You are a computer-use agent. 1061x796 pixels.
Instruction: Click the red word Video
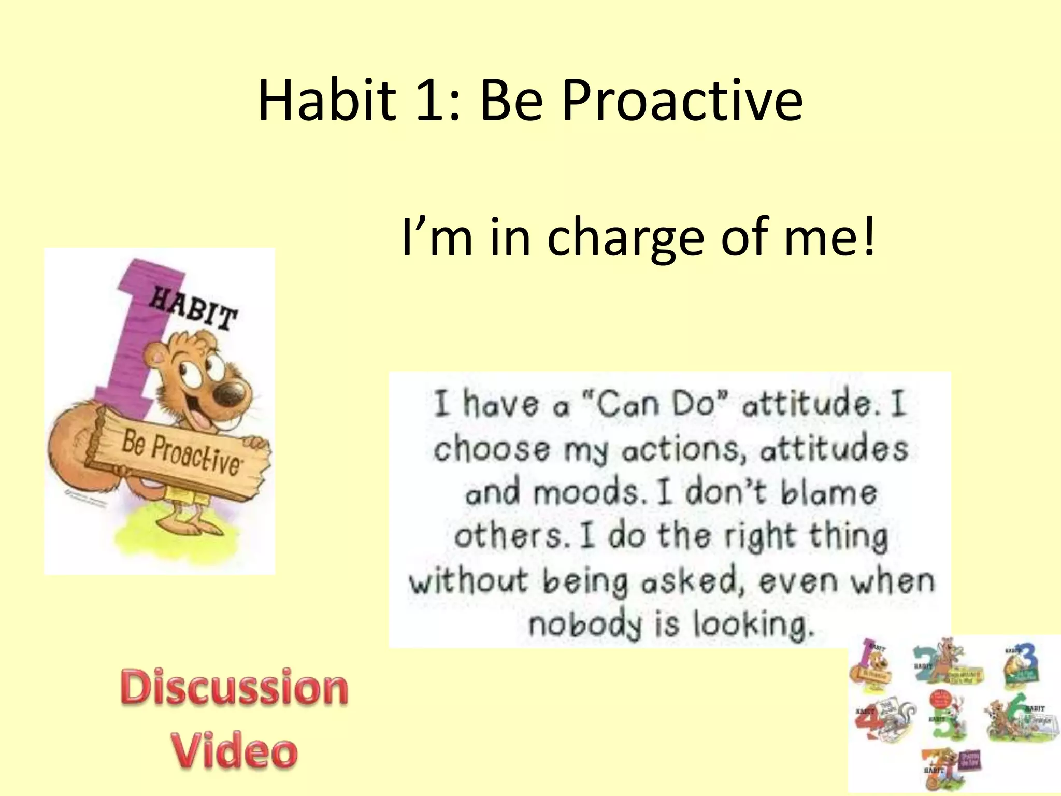pos(234,750)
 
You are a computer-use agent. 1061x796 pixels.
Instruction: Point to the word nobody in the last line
pos(584,624)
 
